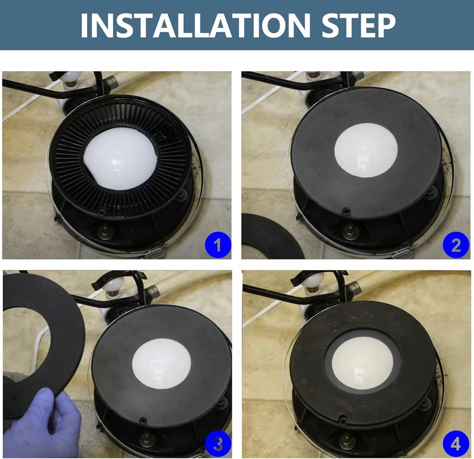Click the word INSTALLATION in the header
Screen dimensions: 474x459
click(x=196, y=25)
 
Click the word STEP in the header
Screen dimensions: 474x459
click(x=358, y=25)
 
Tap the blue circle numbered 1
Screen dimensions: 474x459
click(x=217, y=245)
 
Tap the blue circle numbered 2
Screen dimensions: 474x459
click(x=456, y=245)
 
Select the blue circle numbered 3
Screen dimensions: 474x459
click(x=217, y=444)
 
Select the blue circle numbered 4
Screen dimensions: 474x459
click(x=456, y=444)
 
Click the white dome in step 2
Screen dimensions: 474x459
click(x=366, y=150)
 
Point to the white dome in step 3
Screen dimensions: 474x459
click(x=162, y=364)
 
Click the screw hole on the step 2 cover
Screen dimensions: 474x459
click(x=345, y=210)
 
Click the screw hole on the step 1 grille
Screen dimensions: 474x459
click(x=103, y=213)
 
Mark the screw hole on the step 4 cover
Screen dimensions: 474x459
click(x=342, y=420)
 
